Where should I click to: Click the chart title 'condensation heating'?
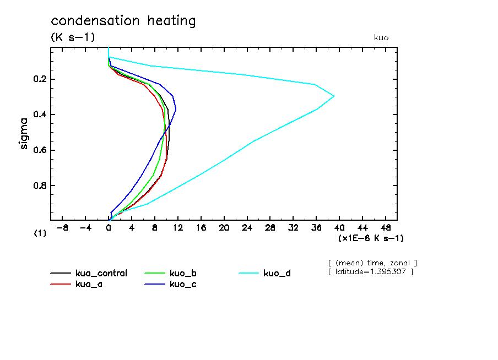123,21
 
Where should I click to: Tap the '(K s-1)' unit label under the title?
73,37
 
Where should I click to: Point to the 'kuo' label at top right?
381,37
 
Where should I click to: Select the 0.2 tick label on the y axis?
40,79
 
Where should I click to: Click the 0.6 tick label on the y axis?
40,150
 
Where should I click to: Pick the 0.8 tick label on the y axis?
40,186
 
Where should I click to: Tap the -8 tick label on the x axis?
62,227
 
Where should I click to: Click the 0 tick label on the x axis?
109,227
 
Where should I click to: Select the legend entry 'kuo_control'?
101,274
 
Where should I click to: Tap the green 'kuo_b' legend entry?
183,274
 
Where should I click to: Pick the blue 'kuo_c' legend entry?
183,284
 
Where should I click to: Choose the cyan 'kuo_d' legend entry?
277,274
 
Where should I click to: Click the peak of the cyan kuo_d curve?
334,96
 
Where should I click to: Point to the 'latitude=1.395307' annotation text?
370,272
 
